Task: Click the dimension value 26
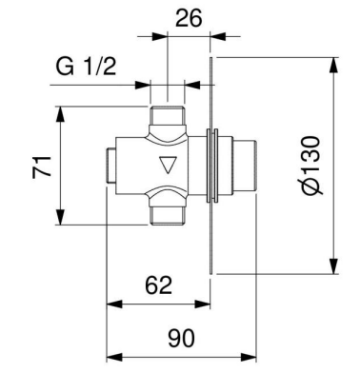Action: [189, 18]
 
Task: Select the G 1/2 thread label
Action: [87, 67]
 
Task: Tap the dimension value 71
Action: [42, 167]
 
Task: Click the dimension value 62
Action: [158, 285]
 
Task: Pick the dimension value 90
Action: [181, 338]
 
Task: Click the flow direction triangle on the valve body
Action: [168, 165]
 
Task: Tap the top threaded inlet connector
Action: [168, 116]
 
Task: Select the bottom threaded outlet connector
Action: [168, 215]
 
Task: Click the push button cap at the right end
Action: [245, 165]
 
